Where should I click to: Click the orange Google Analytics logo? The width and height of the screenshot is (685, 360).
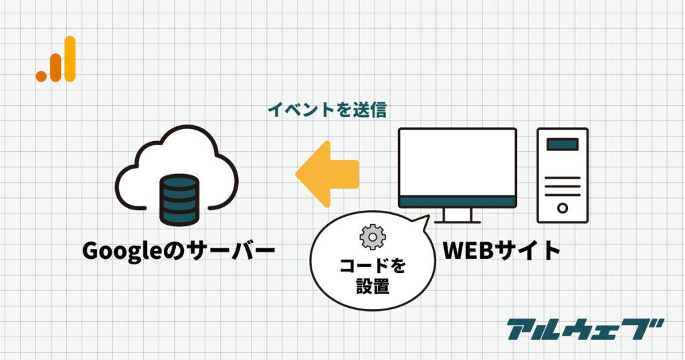(x=56, y=60)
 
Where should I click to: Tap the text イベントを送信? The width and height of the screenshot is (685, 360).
(x=327, y=110)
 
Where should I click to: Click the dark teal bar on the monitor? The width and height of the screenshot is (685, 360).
(x=458, y=201)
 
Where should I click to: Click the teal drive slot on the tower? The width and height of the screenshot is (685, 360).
(x=563, y=143)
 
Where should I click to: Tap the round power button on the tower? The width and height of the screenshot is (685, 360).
(x=563, y=207)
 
